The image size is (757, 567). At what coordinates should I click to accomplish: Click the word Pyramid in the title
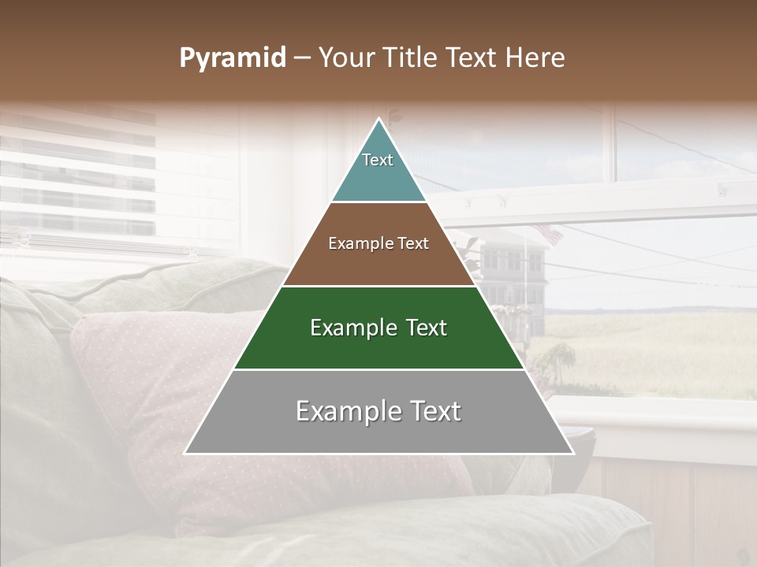[232, 58]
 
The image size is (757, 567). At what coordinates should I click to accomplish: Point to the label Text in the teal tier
[378, 160]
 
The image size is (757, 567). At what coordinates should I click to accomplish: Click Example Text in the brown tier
[378, 243]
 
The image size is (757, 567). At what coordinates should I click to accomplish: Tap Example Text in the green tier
[378, 328]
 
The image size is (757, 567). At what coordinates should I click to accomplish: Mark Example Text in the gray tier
[378, 411]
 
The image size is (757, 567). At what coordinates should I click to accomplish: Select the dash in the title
[301, 58]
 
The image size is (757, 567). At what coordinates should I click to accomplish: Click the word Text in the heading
[475, 58]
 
